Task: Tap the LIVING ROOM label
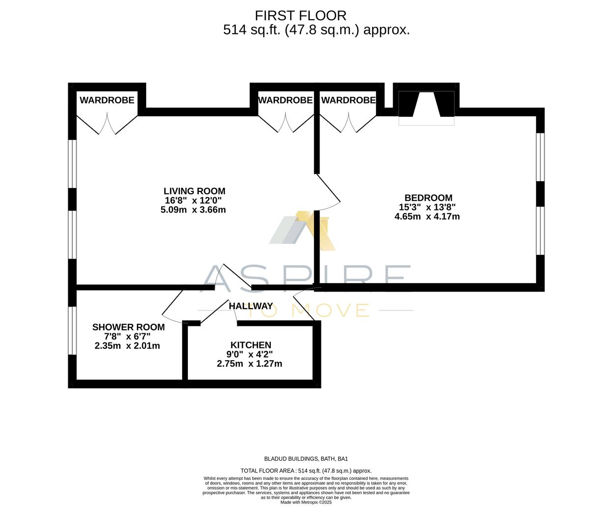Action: tap(194, 191)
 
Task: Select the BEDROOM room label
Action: tap(428, 198)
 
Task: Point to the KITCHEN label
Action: tap(251, 345)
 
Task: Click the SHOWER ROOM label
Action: tap(129, 327)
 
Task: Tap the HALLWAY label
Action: tap(251, 306)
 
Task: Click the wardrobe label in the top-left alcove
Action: tap(107, 100)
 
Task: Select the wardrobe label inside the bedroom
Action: tap(348, 100)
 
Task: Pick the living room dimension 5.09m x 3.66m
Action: tap(193, 210)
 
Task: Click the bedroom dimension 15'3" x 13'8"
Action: tap(427, 207)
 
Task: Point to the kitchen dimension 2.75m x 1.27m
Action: tap(249, 364)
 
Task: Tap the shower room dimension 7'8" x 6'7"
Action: tap(128, 336)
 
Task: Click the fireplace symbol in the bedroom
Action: tap(426, 105)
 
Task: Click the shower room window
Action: tap(72, 330)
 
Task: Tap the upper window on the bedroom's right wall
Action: tap(540, 157)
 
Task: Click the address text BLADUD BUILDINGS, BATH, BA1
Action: tap(306, 459)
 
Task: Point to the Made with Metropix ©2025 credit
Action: tap(306, 502)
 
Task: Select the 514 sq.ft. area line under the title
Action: tap(316, 30)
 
